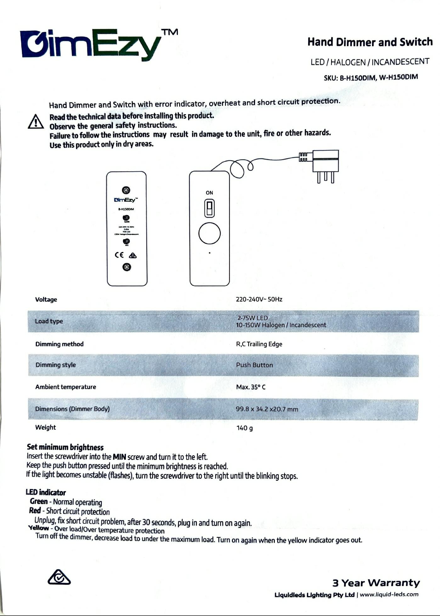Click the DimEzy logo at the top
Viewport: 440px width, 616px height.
coord(91,44)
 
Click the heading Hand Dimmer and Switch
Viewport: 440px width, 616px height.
coord(370,42)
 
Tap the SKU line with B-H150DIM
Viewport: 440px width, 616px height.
coord(371,77)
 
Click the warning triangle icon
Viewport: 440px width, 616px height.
coord(36,122)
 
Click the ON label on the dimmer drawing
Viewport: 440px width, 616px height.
coord(209,193)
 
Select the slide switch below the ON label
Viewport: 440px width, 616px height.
coord(210,208)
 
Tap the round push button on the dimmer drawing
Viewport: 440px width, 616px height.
coord(210,233)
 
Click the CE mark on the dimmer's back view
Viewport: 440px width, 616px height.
coord(119,255)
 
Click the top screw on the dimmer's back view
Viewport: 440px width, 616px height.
coord(126,190)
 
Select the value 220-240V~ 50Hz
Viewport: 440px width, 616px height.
coord(259,299)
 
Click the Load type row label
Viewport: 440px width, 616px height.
coord(49,321)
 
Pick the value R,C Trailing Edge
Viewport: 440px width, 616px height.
coord(259,344)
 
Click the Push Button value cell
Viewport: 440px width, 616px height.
coord(254,365)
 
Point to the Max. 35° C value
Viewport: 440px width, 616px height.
coord(251,387)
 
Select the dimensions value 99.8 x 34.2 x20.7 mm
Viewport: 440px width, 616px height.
coord(267,409)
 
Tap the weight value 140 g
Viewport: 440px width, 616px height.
coord(245,428)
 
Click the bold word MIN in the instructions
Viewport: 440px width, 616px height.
coord(120,456)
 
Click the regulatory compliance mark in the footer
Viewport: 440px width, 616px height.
coord(59,577)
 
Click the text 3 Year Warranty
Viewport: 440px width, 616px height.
coord(376,583)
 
